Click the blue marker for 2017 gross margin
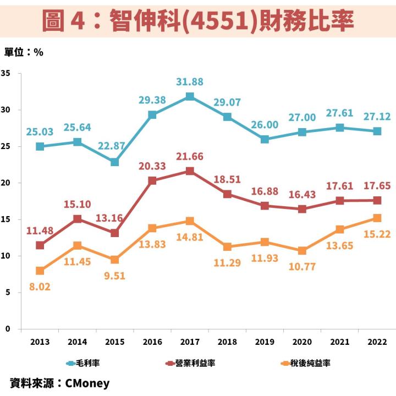190,97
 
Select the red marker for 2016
152,180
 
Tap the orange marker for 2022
377,218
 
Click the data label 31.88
190,82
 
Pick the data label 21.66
190,157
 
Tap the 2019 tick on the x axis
265,342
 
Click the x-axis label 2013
40,342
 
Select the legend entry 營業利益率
192,363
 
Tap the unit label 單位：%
24,52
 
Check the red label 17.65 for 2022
377,186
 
